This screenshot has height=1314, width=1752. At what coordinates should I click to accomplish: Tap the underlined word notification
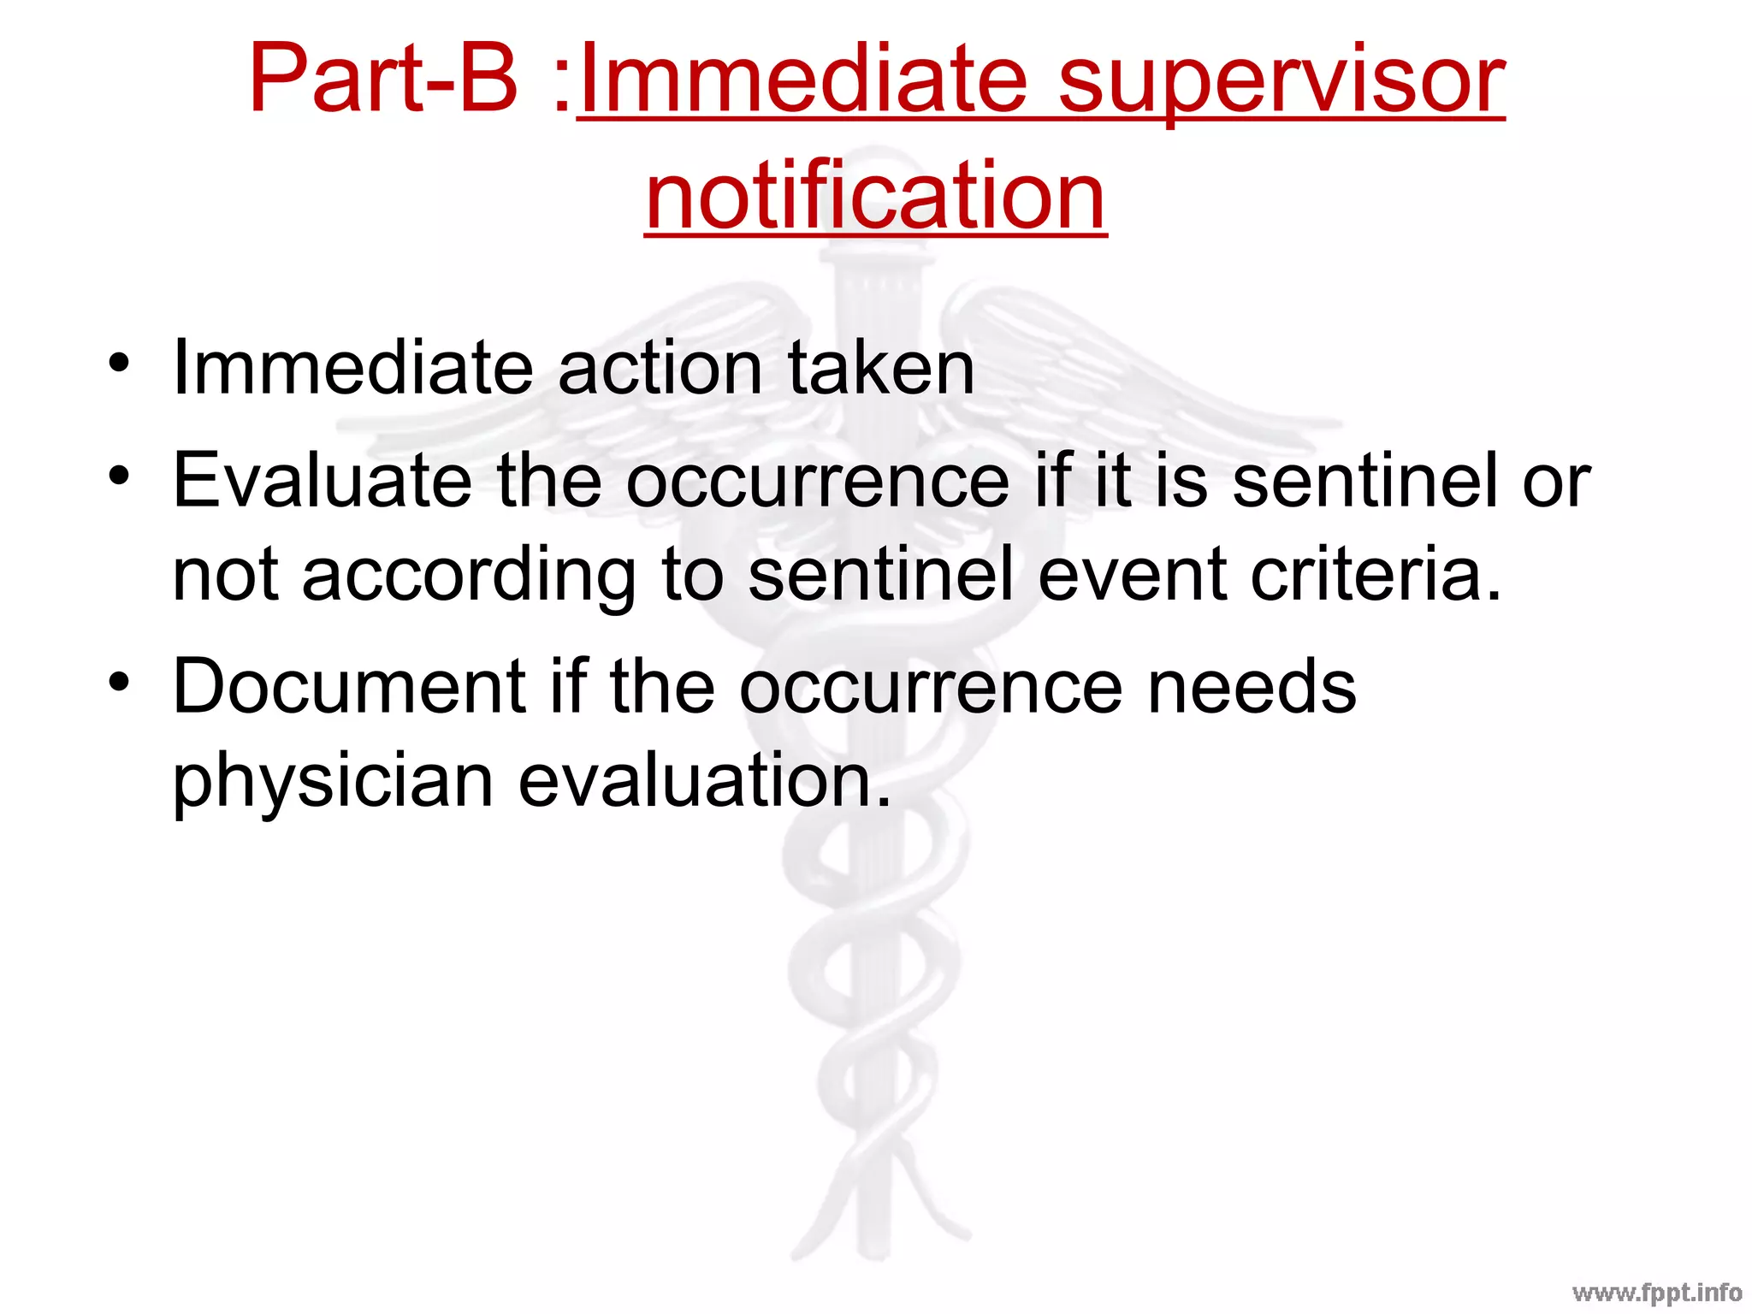pos(875,196)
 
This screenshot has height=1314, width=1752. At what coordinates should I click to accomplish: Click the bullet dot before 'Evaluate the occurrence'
pos(119,475)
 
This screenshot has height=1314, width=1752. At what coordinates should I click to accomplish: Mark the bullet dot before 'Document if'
pos(119,681)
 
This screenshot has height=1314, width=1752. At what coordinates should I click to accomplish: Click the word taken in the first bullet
pos(880,369)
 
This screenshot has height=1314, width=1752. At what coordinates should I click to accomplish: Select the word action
pos(659,369)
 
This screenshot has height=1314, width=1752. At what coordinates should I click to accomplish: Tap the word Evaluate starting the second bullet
pos(322,481)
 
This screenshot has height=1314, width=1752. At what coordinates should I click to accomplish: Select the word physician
pos(333,780)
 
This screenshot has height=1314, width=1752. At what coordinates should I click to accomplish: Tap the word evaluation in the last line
pos(705,780)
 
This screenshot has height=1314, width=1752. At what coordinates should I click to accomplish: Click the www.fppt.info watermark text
pos(1656,1292)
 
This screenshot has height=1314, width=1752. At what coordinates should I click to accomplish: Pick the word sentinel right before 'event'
pos(880,575)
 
